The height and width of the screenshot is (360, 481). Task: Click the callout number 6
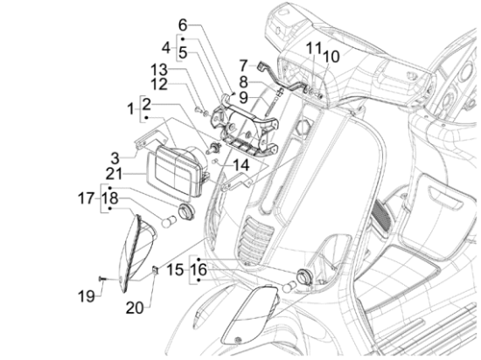pyautogui.click(x=183, y=25)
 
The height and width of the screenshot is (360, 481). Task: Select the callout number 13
pyautogui.click(x=159, y=71)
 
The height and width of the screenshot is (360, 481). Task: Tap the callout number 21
pyautogui.click(x=114, y=175)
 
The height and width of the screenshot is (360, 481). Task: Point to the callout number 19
pyautogui.click(x=87, y=296)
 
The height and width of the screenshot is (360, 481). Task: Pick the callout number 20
pyautogui.click(x=135, y=308)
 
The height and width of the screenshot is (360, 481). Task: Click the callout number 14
pyautogui.click(x=241, y=165)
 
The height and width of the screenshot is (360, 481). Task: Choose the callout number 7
pyautogui.click(x=244, y=66)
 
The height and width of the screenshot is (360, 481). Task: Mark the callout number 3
pyautogui.click(x=115, y=159)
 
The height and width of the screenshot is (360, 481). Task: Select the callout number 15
pyautogui.click(x=176, y=270)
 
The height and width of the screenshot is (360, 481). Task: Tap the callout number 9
pyautogui.click(x=243, y=98)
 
